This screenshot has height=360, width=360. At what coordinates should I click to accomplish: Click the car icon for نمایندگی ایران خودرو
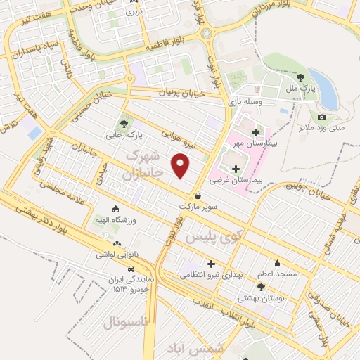tap(131, 269)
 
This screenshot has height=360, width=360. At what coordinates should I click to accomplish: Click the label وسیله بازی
tap(243, 103)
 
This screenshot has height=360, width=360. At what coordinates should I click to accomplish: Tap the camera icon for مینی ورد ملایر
tap(322, 117)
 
